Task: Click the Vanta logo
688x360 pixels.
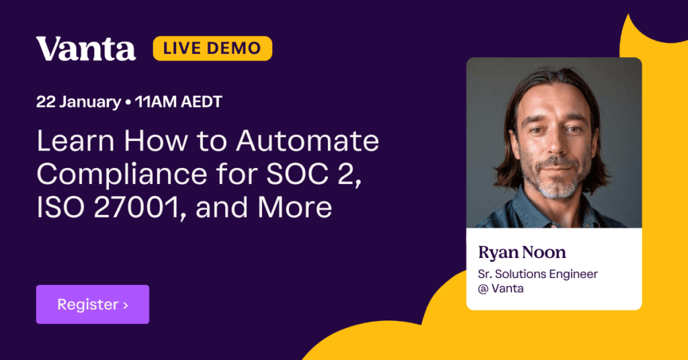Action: click(x=86, y=48)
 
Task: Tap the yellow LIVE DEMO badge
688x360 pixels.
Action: click(x=212, y=48)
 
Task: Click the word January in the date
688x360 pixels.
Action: click(x=90, y=102)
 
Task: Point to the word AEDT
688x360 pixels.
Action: click(x=202, y=101)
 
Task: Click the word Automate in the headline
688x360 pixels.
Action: click(x=307, y=141)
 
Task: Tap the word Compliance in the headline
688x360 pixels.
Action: click(x=122, y=175)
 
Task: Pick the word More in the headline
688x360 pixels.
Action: click(x=295, y=208)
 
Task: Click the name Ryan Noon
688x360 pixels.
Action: click(x=521, y=252)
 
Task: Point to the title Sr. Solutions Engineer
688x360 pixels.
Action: click(x=537, y=274)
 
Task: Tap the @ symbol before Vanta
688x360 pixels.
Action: click(x=482, y=289)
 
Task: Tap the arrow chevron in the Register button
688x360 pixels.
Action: click(x=126, y=305)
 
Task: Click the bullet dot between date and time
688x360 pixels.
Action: click(x=128, y=103)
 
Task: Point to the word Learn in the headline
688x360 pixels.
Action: click(x=75, y=141)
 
